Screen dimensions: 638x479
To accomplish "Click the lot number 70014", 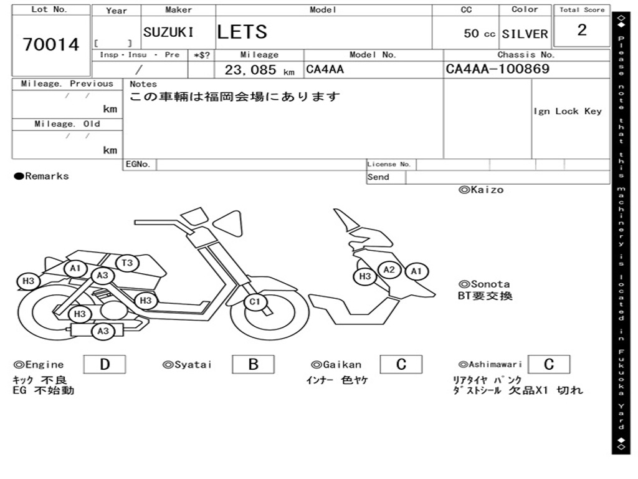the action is tap(51, 44).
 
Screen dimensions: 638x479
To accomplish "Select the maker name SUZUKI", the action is tap(168, 32).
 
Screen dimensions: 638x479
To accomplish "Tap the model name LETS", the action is tap(242, 32).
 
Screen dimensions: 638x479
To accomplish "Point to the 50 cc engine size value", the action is tap(479, 34).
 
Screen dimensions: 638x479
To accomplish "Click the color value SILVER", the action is tap(525, 34).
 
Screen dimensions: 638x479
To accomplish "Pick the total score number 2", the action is tap(582, 31).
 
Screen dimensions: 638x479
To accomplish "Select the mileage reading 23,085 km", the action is tap(259, 70).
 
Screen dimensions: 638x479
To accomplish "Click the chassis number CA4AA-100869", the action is tap(498, 69).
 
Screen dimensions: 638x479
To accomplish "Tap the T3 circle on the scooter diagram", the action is tap(127, 263).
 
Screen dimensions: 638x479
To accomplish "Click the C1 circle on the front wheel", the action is tap(254, 303).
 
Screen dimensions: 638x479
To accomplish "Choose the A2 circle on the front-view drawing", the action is tap(389, 269).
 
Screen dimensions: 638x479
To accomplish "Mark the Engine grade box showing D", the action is tap(104, 364).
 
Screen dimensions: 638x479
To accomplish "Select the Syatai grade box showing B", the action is tap(253, 364).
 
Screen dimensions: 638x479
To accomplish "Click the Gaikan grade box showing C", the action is tap(401, 364).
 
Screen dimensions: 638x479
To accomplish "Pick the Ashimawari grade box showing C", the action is tap(548, 364).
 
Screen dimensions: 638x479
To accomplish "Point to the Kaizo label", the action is tap(481, 190).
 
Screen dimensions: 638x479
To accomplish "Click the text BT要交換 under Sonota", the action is tap(485, 296).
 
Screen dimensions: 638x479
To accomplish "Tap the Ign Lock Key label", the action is tap(568, 111).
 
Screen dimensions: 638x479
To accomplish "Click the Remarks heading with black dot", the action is tap(42, 177).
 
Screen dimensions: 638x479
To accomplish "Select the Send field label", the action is tap(378, 177).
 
